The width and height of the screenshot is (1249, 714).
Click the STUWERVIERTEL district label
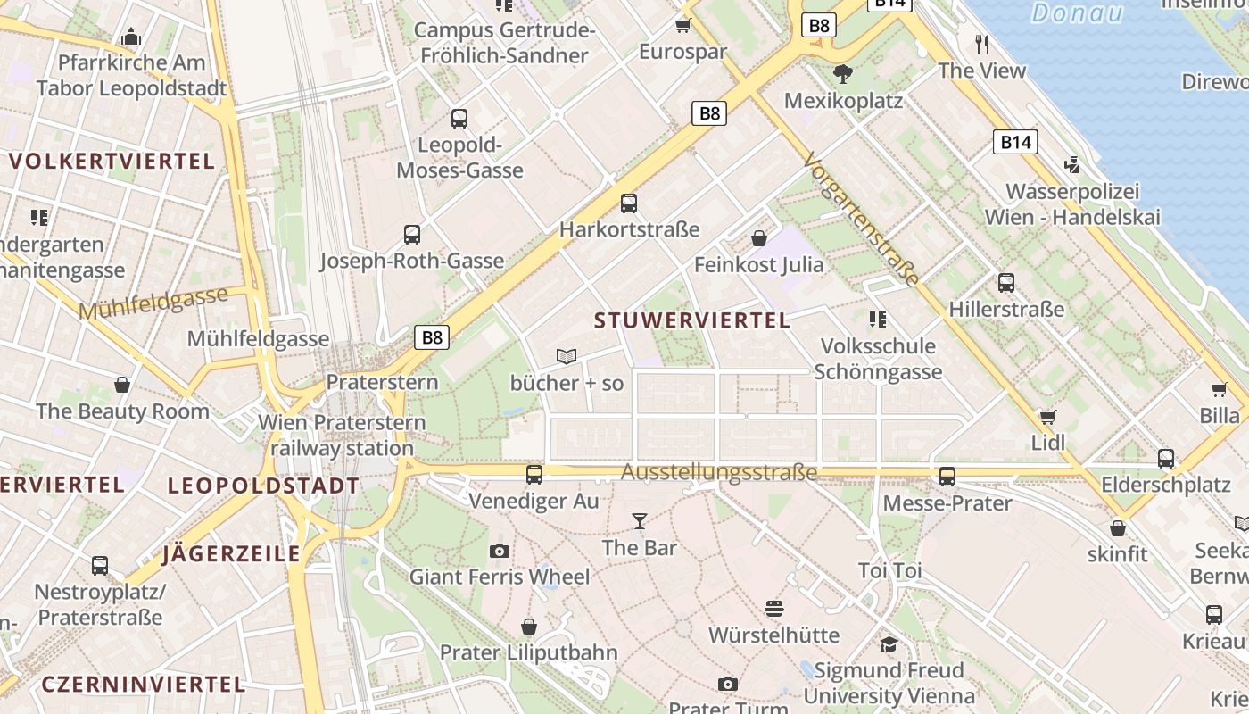tap(692, 320)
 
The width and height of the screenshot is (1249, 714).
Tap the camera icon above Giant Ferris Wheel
tap(500, 551)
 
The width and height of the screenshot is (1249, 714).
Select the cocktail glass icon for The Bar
tap(640, 521)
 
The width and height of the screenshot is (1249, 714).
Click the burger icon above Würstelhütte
tap(774, 609)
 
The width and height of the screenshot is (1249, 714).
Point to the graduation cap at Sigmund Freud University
tap(889, 644)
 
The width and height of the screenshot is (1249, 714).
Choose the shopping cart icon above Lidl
tap(1048, 417)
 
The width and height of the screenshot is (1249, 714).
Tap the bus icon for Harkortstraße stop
tap(629, 203)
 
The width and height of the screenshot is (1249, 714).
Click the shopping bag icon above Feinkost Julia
tap(759, 238)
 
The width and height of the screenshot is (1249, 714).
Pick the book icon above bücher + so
tap(567, 356)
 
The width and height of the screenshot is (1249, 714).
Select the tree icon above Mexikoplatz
tap(842, 74)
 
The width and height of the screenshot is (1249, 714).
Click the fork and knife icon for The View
tap(982, 44)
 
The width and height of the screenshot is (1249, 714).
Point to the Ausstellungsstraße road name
tap(719, 472)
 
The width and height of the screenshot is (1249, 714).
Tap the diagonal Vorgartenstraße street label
tap(861, 219)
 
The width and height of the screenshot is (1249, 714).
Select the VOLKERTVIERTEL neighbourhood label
tap(112, 162)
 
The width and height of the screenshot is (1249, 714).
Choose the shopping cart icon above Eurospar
tap(683, 25)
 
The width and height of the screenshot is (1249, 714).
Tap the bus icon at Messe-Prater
tap(947, 477)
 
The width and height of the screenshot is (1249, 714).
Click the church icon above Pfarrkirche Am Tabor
tap(132, 37)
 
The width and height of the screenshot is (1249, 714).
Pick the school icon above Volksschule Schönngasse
tap(878, 320)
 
